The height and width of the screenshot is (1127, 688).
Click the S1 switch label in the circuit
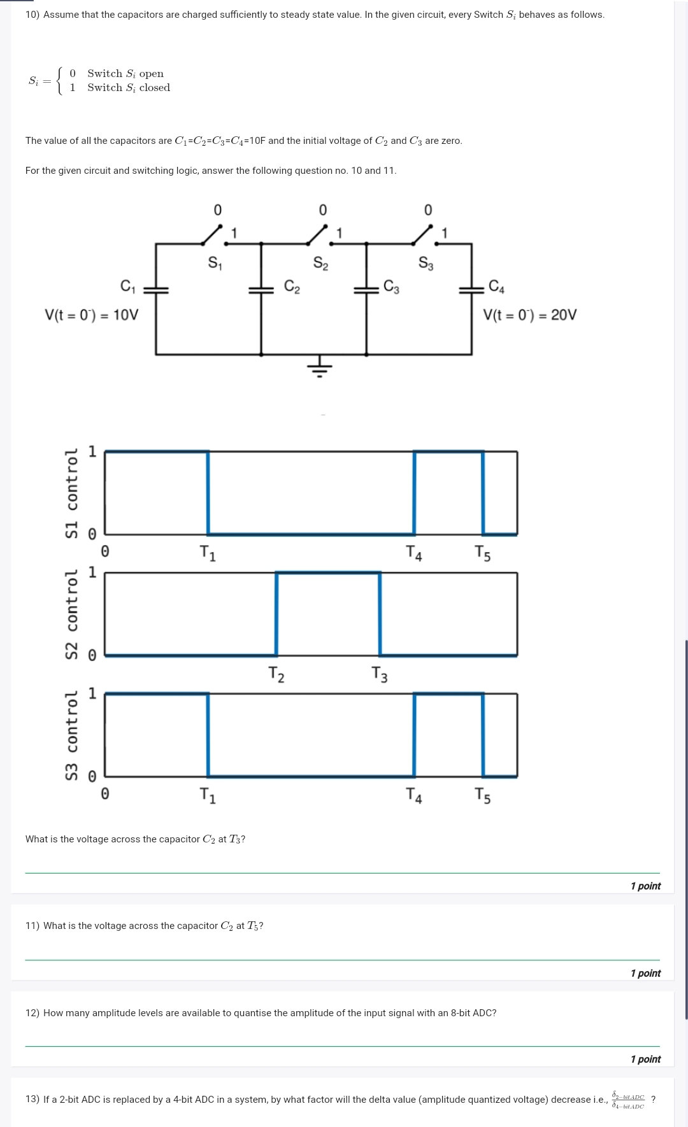(x=215, y=263)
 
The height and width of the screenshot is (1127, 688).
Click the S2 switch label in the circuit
(x=320, y=263)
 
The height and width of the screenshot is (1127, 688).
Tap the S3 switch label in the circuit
(x=426, y=263)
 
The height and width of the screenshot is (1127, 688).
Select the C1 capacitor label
(x=128, y=287)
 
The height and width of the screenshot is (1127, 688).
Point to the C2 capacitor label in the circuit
(x=292, y=287)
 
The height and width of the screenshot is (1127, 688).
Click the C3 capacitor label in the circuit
(x=392, y=287)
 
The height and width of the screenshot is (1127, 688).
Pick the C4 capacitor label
(x=496, y=287)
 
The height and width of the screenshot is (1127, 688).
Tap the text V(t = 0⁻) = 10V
(x=91, y=315)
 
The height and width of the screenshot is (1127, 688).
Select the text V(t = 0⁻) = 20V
(x=529, y=315)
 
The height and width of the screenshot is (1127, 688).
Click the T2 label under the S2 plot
(x=276, y=674)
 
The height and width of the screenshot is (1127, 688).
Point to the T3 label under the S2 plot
(x=380, y=674)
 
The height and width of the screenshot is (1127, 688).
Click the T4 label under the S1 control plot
(x=414, y=553)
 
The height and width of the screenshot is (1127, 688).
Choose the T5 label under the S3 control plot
(x=483, y=795)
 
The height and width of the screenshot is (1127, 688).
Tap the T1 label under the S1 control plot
(x=208, y=553)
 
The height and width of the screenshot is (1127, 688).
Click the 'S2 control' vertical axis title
(x=72, y=614)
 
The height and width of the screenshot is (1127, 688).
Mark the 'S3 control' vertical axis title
(x=72, y=735)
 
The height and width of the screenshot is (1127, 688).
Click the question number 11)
(x=32, y=926)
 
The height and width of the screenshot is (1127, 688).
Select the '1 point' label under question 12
(x=645, y=1059)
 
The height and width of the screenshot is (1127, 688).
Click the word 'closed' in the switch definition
(x=155, y=88)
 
